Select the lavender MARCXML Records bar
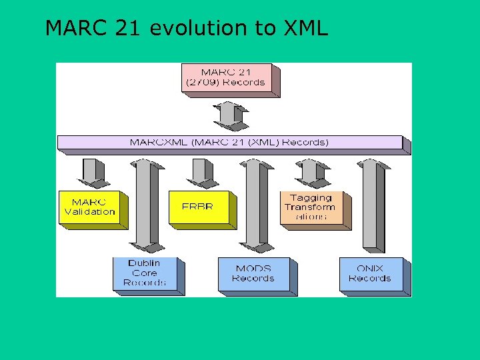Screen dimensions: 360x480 click(229, 142)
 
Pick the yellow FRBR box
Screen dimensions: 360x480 click(198, 207)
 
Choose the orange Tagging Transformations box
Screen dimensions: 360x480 click(311, 207)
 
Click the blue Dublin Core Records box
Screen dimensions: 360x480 click(145, 273)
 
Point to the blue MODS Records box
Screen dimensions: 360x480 click(253, 273)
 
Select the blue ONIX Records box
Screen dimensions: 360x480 click(370, 273)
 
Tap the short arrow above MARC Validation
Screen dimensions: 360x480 click(93, 172)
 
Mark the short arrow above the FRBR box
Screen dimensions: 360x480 click(201, 172)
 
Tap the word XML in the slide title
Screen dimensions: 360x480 click(306, 28)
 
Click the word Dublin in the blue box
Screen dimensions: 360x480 click(145, 263)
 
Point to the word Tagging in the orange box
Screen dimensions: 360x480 click(311, 197)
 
